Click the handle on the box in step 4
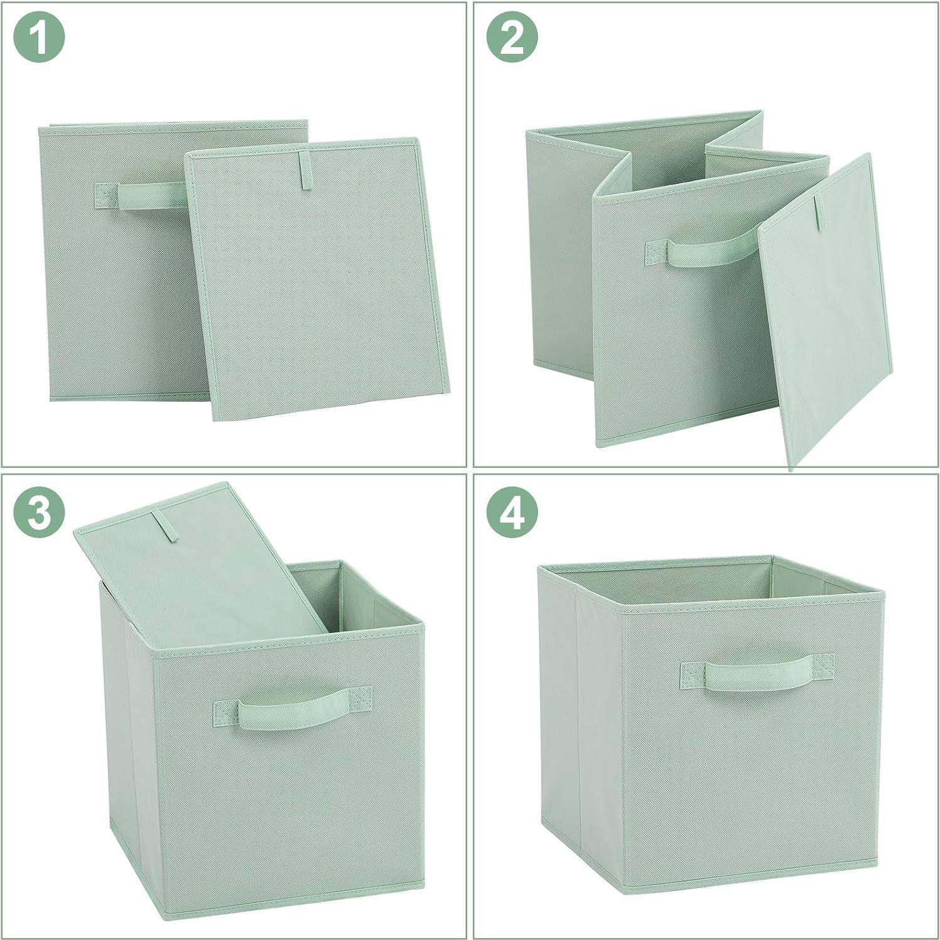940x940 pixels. pos(758,674)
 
